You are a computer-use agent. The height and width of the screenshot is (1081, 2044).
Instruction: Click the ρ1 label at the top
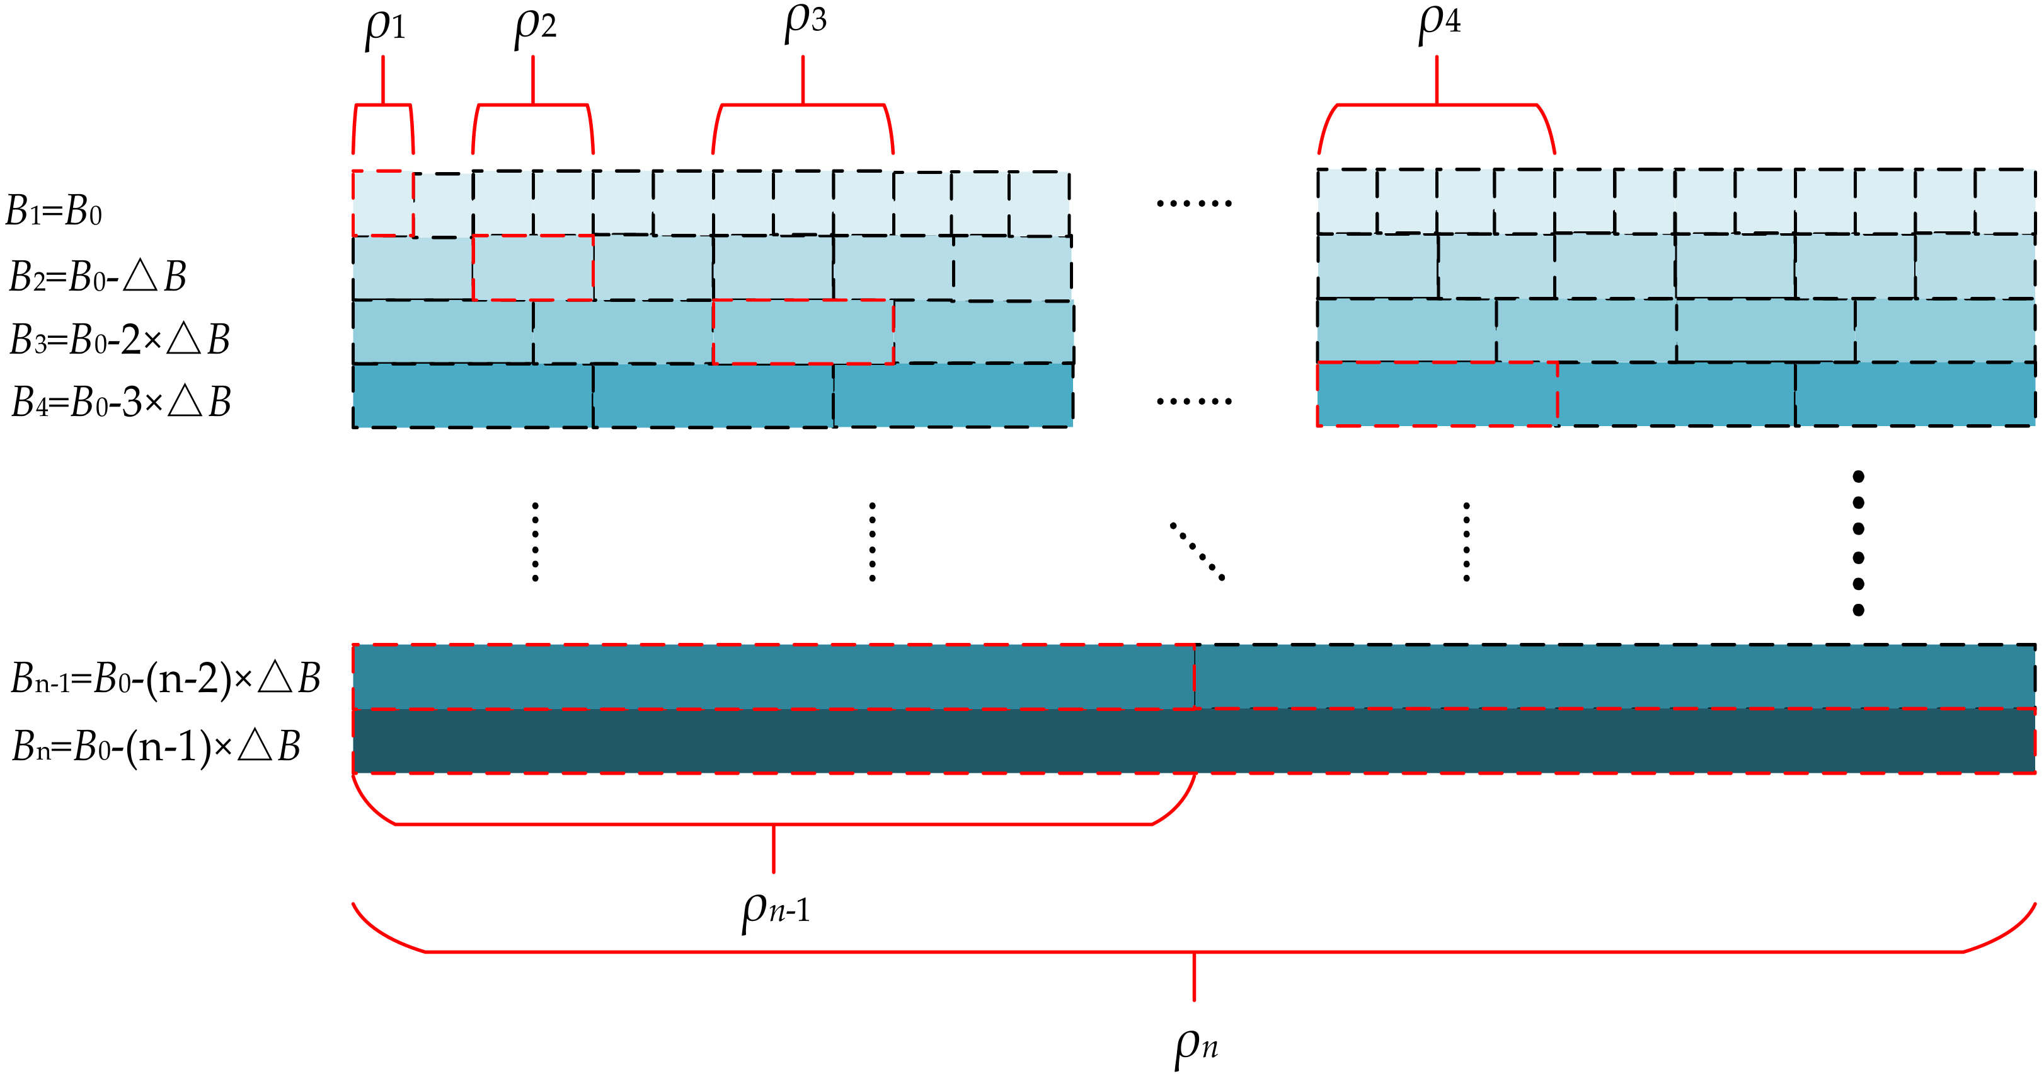[385, 28]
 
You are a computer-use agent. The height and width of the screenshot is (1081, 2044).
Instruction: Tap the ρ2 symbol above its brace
[535, 27]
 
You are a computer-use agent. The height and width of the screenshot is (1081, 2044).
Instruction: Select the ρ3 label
[805, 21]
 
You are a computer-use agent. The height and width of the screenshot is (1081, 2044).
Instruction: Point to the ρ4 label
[1438, 22]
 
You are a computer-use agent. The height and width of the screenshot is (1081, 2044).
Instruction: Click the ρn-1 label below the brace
[775, 910]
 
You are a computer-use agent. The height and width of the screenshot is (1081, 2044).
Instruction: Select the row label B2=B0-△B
[97, 277]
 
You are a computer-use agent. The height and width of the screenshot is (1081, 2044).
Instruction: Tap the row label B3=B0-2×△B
[119, 340]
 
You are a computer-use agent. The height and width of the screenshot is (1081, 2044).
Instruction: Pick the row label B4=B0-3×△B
[120, 402]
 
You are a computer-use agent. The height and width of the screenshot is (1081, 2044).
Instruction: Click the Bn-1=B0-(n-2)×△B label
[165, 679]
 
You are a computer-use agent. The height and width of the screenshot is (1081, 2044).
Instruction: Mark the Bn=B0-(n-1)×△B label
[156, 747]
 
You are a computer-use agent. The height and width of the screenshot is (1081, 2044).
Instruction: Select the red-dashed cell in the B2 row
[532, 267]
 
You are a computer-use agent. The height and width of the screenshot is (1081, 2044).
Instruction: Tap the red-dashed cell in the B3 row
[803, 332]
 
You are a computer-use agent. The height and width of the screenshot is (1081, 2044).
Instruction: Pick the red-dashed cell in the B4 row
[1436, 395]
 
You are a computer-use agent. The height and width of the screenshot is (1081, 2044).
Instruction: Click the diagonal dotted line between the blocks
[1197, 551]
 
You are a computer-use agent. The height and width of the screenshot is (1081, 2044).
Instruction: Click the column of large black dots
[1857, 543]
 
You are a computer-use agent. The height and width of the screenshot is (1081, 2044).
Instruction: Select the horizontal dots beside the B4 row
[1193, 402]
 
